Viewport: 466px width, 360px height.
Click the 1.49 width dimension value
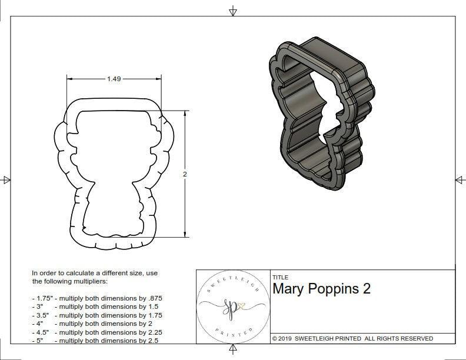114,79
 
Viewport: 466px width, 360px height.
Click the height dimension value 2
185,174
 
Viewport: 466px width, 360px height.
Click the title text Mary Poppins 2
321,289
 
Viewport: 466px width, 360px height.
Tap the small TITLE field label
279,277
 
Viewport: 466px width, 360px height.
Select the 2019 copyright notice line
352,338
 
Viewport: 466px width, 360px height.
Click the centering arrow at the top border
233,11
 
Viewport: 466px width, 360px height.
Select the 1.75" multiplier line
97,298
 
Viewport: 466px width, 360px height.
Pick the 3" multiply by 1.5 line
94,306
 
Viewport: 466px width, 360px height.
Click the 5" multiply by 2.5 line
94,340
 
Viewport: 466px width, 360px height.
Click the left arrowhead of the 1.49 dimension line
69,79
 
